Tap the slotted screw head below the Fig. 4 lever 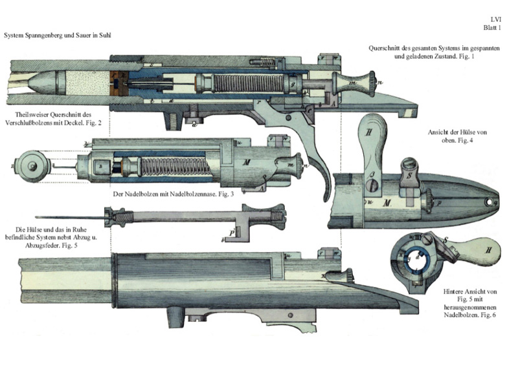click(372, 185)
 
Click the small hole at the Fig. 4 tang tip click(489, 201)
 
